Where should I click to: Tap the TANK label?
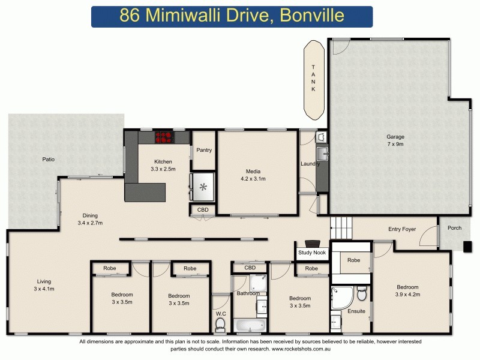[x=312, y=78]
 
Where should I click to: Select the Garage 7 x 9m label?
[x=395, y=140]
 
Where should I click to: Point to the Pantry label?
[x=204, y=150]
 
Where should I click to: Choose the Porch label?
[x=454, y=227]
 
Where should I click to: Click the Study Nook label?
[x=312, y=253]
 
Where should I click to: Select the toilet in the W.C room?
[x=220, y=325]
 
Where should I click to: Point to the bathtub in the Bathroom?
[x=250, y=326]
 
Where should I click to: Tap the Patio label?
[x=49, y=160]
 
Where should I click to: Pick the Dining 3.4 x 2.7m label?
[x=91, y=219]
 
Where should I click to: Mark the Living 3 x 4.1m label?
[x=44, y=285]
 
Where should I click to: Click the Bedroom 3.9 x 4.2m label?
[x=407, y=290]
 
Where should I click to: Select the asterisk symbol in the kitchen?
[x=203, y=187]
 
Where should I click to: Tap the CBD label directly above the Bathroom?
[x=250, y=268]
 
